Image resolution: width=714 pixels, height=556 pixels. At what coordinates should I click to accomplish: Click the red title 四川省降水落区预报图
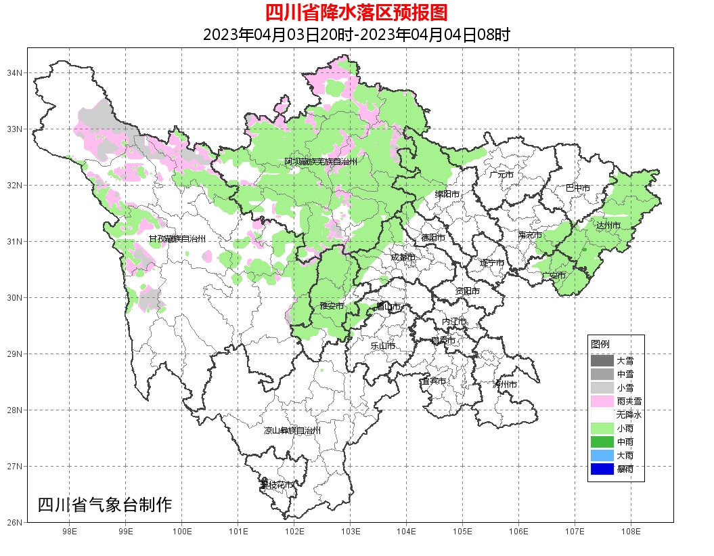coord(356,13)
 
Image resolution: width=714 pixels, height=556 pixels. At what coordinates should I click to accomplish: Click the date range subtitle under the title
coord(356,35)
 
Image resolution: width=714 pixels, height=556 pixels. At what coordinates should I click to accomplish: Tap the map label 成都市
coord(403,257)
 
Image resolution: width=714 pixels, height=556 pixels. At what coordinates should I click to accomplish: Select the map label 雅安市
coord(332,307)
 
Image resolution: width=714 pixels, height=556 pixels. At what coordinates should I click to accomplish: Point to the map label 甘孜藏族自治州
coord(177,239)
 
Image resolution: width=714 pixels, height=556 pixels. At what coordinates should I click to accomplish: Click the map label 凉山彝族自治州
coord(292,431)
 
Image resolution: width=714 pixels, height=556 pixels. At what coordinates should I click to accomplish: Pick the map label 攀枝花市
coord(277,485)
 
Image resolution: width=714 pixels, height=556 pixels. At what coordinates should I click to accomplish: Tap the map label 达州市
coord(608,225)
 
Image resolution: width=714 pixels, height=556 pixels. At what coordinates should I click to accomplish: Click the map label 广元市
coord(501,175)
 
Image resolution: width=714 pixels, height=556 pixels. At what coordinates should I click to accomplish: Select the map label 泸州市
coord(505,384)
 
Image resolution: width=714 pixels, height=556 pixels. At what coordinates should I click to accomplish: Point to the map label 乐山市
coord(383,346)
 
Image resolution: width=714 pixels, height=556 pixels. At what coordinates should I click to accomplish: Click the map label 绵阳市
coord(447,194)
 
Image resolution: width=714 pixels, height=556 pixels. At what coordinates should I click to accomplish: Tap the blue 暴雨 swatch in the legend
coord(602,469)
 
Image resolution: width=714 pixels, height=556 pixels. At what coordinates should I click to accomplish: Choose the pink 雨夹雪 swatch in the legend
coord(602,401)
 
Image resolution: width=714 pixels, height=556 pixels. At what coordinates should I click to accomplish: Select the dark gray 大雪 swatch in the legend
coord(602,360)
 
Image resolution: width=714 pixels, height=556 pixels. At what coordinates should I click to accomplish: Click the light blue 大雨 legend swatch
coord(602,455)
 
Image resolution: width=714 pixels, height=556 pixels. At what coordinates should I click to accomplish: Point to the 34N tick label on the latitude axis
coord(15,72)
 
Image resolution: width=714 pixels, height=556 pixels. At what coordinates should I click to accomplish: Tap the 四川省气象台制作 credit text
coord(105,505)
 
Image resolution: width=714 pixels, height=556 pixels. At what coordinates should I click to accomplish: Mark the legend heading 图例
coord(600,344)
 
